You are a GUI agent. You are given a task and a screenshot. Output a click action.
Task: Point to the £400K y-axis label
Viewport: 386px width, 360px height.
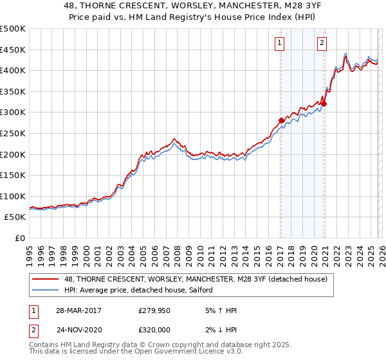(13, 70)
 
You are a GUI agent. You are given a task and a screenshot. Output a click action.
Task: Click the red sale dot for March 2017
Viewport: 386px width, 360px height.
(281, 120)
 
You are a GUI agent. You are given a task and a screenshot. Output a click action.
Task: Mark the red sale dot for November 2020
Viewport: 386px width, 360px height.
(324, 104)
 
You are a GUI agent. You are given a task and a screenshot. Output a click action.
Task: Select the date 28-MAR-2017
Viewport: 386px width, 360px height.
(78, 310)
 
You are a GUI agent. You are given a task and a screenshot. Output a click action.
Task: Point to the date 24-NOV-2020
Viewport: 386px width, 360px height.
(78, 328)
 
